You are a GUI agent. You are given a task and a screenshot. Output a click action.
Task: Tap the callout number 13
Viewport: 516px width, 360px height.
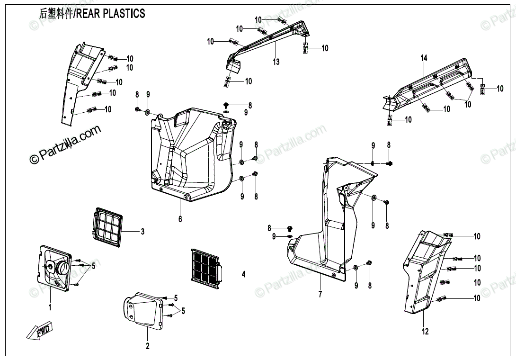[276, 62]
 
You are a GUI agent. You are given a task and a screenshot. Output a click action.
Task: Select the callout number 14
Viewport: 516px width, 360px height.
[424, 58]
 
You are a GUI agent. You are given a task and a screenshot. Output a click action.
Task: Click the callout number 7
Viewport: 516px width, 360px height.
[320, 295]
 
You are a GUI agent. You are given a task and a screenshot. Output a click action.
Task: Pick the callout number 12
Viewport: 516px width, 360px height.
[425, 332]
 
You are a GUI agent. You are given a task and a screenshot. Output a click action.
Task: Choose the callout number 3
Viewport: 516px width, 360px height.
[142, 232]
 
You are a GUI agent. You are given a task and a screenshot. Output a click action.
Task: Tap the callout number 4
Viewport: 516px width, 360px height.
[243, 274]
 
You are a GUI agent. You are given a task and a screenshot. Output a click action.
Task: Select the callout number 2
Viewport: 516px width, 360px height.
[147, 346]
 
